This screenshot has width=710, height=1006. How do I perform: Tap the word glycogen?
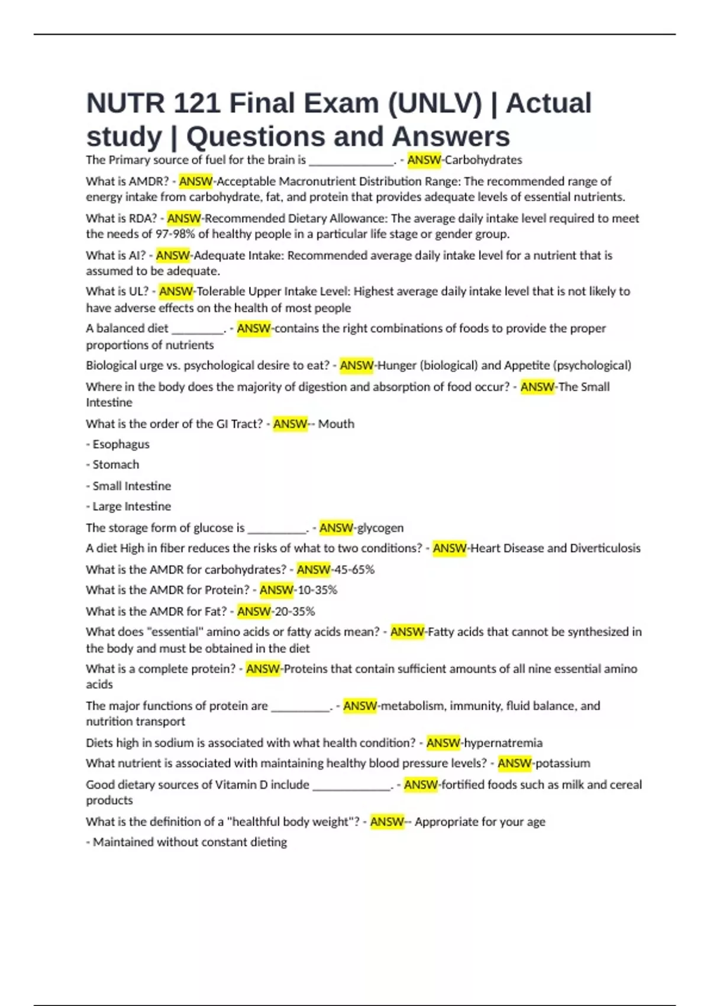point(380,527)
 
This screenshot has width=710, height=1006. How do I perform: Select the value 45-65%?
point(354,569)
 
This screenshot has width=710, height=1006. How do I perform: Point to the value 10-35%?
point(317,590)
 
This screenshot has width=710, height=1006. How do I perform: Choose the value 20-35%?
point(294,611)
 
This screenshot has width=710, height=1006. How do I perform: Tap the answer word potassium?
point(563,763)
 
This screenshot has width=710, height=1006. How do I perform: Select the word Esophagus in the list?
point(121,444)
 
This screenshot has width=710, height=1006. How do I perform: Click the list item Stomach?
point(116,465)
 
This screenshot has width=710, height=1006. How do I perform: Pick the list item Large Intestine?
point(131,507)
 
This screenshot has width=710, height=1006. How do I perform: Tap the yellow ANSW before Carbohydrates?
point(424,160)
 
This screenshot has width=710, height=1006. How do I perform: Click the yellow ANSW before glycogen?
point(336,527)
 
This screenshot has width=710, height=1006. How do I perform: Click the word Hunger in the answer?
point(397,366)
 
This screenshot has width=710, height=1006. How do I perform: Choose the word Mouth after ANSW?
point(336,424)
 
